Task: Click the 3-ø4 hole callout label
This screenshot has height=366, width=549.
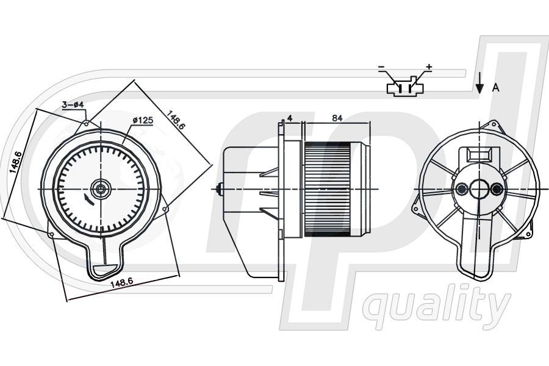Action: [x=73, y=104]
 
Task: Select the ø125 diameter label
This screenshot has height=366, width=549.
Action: [x=143, y=121]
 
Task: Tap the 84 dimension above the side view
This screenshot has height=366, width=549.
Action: [x=337, y=118]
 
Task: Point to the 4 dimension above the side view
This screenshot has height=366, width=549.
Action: [x=290, y=118]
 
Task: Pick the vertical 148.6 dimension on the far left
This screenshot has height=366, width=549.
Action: [x=16, y=162]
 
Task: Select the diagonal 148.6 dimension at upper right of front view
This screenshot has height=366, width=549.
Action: [x=175, y=120]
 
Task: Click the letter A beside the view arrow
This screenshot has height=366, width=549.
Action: [x=495, y=88]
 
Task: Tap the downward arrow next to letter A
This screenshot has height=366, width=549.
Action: [x=479, y=84]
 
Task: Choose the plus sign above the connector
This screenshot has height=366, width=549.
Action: [x=429, y=66]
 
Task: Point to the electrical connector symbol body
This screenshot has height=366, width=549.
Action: [x=406, y=88]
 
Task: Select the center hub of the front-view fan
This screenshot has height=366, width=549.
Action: [x=101, y=189]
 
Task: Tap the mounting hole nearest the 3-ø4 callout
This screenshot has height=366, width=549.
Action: [x=87, y=123]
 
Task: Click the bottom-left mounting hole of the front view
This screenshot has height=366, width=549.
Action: [x=52, y=234]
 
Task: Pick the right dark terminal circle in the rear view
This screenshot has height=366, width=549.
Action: [x=496, y=189]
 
